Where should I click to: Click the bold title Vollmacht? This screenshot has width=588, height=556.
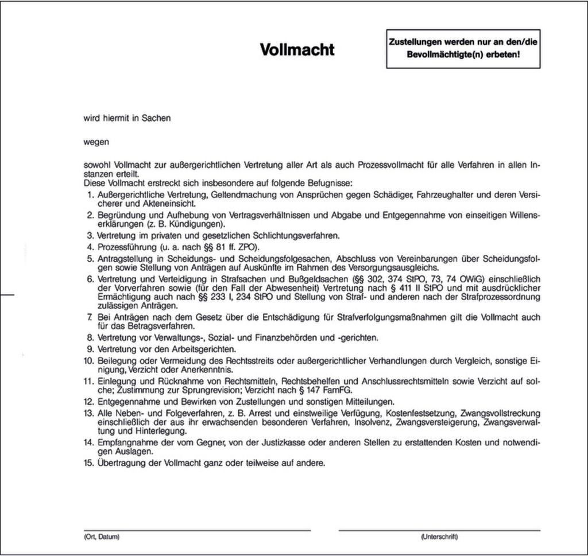click(x=297, y=50)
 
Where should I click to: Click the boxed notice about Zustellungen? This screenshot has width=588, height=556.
click(x=455, y=49)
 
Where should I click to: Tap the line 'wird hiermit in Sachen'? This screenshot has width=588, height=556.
click(x=127, y=118)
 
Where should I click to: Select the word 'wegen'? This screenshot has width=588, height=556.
click(x=96, y=141)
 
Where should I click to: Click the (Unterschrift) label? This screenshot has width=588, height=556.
click(x=439, y=537)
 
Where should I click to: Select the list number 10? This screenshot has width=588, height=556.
click(x=89, y=360)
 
